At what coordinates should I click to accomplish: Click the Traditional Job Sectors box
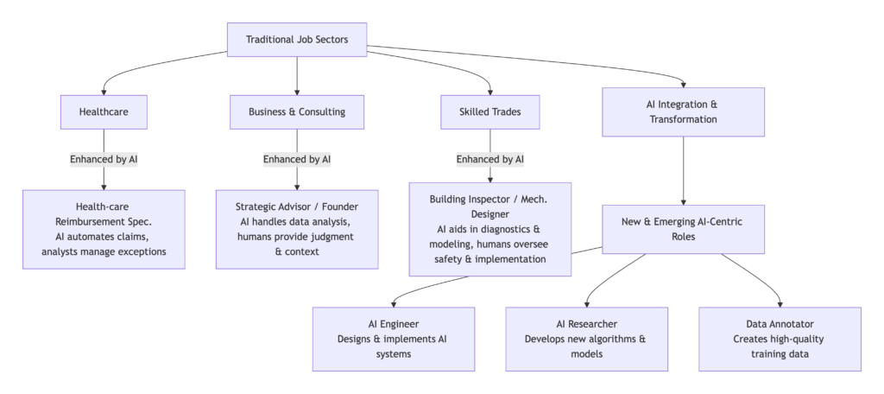[x=296, y=39]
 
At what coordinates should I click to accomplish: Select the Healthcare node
[x=104, y=111]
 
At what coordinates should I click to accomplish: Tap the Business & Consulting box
[x=297, y=111]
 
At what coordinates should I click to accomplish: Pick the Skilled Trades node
[x=490, y=111]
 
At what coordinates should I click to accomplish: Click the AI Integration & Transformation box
[x=683, y=111]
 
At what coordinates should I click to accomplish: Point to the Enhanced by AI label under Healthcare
[x=104, y=160]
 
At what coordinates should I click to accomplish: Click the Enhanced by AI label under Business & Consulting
[x=297, y=160]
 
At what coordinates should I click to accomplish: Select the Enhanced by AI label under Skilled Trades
[x=490, y=160]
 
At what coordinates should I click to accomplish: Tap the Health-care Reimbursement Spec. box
[x=104, y=229]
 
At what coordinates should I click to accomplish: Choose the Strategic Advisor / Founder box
[x=297, y=229]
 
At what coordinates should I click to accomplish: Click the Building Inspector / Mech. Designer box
[x=490, y=229]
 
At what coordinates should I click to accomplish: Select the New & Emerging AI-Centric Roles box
[x=683, y=229]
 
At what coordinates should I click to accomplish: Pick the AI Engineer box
[x=394, y=339]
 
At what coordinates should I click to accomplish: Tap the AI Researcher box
[x=587, y=339]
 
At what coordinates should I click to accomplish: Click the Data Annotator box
[x=780, y=339]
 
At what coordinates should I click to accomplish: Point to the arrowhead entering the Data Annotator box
[x=780, y=303]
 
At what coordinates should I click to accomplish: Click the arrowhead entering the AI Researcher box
[x=587, y=303]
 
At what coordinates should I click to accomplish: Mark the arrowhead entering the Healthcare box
[x=104, y=91]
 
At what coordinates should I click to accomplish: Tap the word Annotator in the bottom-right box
[x=794, y=324]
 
